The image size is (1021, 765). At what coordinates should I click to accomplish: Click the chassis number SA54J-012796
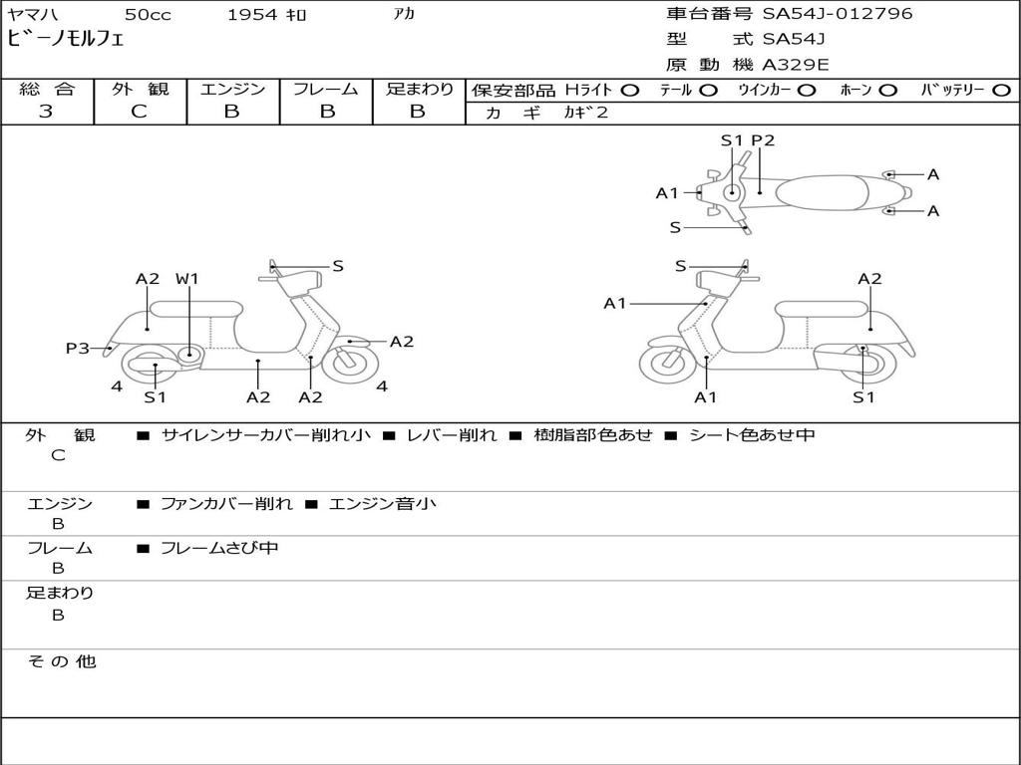click(838, 14)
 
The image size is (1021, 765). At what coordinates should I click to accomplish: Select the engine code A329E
click(796, 65)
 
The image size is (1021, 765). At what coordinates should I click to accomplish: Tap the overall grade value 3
click(46, 112)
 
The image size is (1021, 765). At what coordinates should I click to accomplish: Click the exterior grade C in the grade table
click(140, 112)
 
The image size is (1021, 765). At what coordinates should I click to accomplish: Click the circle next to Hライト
click(629, 90)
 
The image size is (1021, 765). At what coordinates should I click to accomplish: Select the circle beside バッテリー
click(1001, 90)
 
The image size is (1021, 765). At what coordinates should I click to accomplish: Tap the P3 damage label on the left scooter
click(77, 348)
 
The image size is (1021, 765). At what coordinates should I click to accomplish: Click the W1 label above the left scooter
click(187, 279)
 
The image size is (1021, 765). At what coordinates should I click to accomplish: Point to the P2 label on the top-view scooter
click(763, 140)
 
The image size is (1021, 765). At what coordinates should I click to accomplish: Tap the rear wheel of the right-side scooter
click(863, 363)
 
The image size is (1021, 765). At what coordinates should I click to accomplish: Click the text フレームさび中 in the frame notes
click(219, 548)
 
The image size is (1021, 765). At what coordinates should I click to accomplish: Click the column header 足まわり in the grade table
click(419, 89)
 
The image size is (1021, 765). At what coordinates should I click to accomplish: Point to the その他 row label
click(61, 661)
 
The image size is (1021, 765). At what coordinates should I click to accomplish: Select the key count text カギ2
click(585, 113)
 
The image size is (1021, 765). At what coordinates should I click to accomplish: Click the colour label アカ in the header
click(404, 14)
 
